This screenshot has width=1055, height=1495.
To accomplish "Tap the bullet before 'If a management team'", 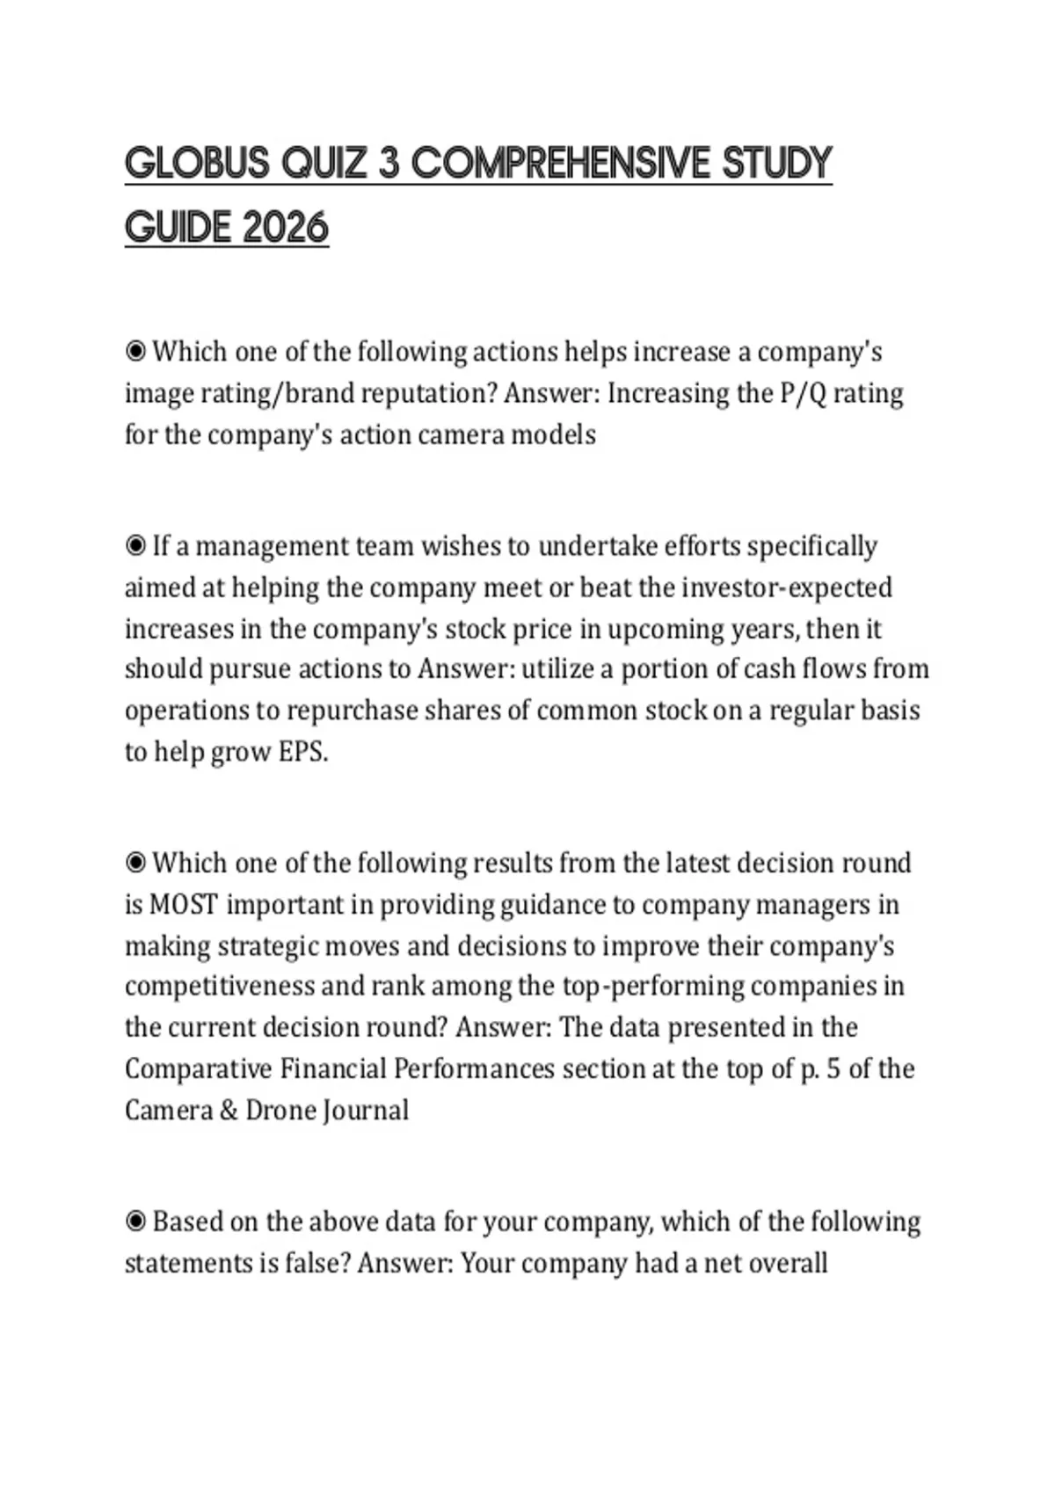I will [x=135, y=546].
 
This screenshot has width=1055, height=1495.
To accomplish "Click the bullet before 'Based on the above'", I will [x=135, y=1222].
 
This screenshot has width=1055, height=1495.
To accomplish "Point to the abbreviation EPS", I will [x=303, y=752].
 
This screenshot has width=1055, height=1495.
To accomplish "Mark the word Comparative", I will [x=198, y=1069].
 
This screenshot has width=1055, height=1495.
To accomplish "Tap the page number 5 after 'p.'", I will [x=833, y=1069].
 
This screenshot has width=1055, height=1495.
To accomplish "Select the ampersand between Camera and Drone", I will [x=229, y=1111].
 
